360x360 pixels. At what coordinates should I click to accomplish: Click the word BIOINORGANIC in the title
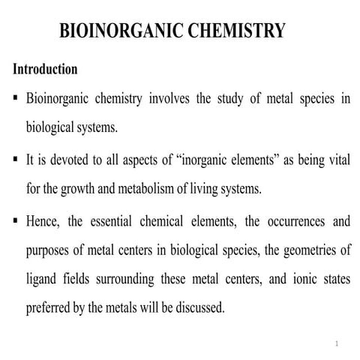(x=113, y=31)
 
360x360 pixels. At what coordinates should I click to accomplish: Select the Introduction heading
(x=45, y=69)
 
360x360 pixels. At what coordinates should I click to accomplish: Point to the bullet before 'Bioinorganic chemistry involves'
(x=15, y=99)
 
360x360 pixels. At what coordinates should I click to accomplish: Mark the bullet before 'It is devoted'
(x=15, y=160)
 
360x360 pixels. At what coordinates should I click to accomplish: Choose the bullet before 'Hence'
(x=15, y=222)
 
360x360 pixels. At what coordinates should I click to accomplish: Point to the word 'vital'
(x=337, y=160)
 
